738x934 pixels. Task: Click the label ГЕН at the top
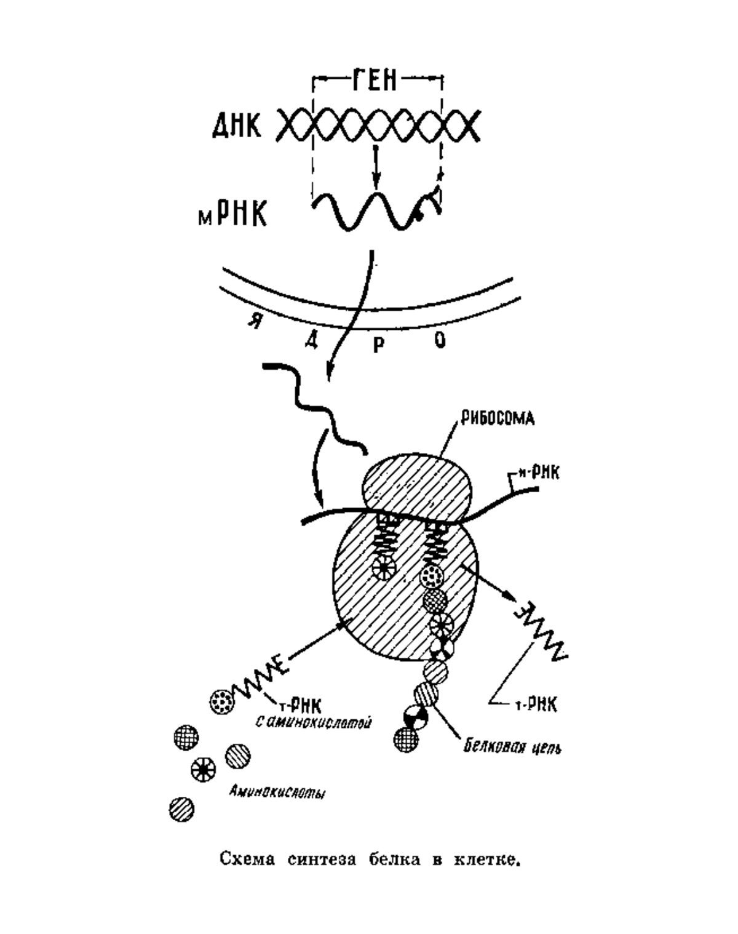[x=375, y=79]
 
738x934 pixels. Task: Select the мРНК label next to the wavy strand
[x=232, y=213]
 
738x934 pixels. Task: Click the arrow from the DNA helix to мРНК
[x=376, y=167]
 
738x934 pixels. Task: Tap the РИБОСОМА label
[x=497, y=419]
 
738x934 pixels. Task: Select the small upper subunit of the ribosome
[x=416, y=484]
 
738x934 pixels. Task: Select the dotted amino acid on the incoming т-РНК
[x=223, y=702]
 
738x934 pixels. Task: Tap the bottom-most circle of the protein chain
[x=407, y=740]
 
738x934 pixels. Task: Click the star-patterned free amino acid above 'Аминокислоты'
[x=203, y=769]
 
